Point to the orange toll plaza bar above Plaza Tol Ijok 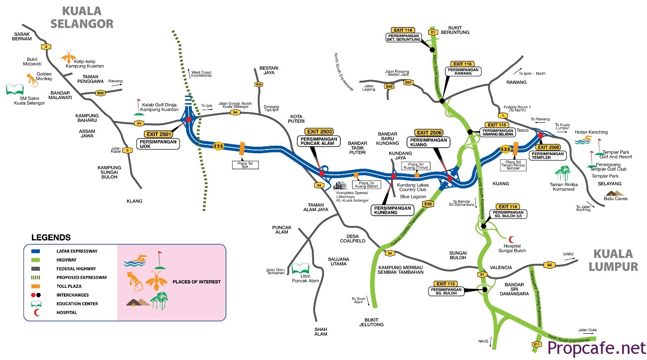(x=242, y=148)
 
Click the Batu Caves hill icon (x=614, y=193)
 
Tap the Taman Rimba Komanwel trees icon (x=563, y=172)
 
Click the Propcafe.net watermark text (x=596, y=348)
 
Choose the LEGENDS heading (x=51, y=238)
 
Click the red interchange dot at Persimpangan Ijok (x=188, y=120)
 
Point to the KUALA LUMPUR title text (x=616, y=260)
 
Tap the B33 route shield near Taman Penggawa (x=99, y=93)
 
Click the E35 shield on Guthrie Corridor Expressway (x=427, y=204)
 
